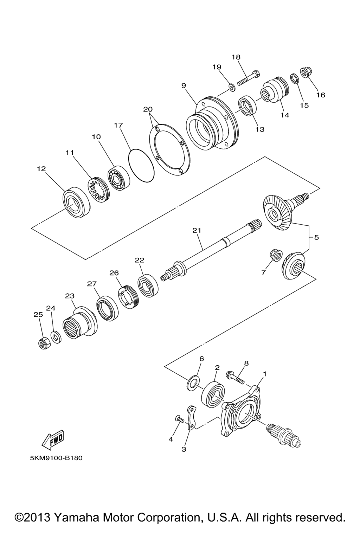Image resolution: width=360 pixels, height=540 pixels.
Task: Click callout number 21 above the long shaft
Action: [x=197, y=231]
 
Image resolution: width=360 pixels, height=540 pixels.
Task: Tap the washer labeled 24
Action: [x=56, y=335]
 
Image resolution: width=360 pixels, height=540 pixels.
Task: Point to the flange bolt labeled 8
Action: [x=235, y=380]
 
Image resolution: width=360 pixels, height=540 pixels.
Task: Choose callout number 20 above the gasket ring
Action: [x=148, y=109]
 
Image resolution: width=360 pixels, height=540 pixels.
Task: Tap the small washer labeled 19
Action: [x=232, y=87]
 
